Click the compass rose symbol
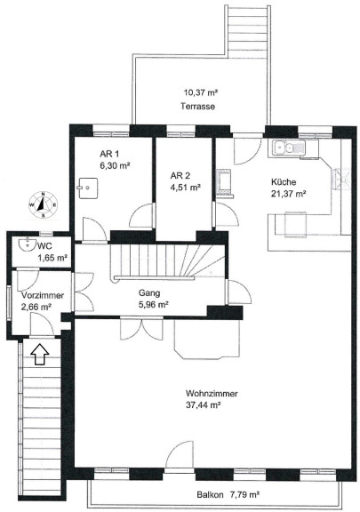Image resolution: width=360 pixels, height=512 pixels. pos(43,204)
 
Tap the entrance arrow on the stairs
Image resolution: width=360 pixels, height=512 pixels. pos(39,354)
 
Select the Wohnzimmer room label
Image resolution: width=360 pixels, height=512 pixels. pos(212,393)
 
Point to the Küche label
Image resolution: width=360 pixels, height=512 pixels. pos(284,182)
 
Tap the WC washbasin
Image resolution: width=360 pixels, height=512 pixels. pos(28,244)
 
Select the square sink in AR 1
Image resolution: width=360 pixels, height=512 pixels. pos(88,188)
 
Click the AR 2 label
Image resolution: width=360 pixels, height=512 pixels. pos(180,176)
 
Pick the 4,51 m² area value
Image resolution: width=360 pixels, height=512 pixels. pos(185,188)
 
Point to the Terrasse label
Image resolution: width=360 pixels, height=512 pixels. pos(197,106)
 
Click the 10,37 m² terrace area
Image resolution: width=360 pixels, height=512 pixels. pos(201,92)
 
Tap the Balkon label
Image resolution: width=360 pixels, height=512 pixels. pos(210,495)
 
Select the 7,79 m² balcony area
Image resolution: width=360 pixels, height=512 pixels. pos(244,495)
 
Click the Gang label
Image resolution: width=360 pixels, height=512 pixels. pos(149,293)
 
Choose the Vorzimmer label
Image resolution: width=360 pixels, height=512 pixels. pos(43,295)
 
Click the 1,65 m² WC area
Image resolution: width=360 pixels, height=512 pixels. pos(52,258)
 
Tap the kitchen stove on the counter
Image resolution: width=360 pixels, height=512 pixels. pos(341,179)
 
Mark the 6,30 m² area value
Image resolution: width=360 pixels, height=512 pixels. pos(115,165)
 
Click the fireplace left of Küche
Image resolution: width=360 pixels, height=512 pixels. pos(225,183)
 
